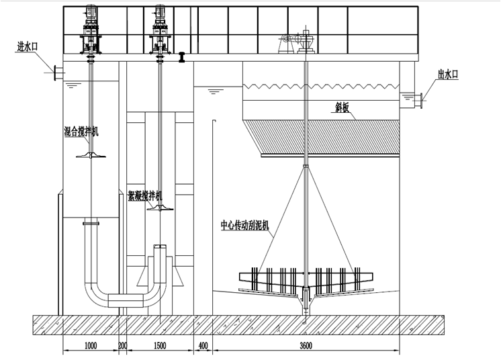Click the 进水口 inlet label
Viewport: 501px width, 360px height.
(27, 46)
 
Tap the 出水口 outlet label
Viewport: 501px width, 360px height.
(448, 75)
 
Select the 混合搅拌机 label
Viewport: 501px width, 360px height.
(81, 131)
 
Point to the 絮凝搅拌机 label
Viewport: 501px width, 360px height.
(145, 195)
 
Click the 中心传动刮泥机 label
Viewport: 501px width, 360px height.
(244, 225)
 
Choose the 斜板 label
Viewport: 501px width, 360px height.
(340, 108)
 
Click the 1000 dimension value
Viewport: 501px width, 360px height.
(91, 345)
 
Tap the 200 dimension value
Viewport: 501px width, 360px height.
(123, 345)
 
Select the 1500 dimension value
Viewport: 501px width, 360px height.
(160, 345)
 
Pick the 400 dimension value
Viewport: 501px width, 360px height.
(203, 345)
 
